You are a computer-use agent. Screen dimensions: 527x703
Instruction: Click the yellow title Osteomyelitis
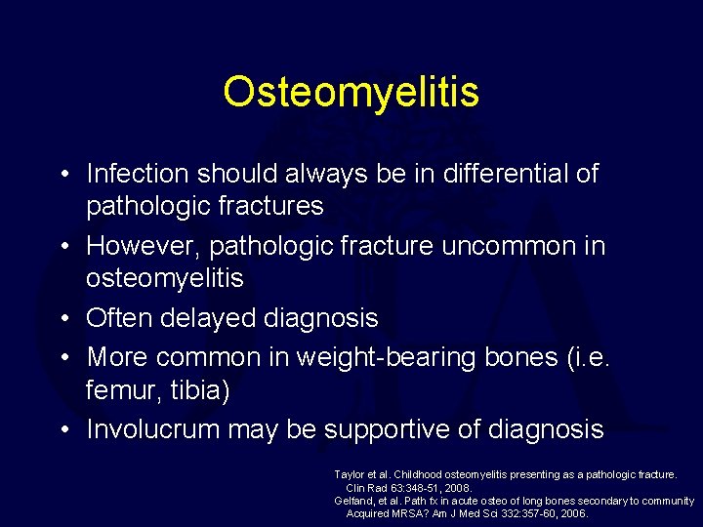pyautogui.click(x=351, y=93)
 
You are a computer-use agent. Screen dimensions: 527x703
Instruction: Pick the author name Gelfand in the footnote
pyautogui.click(x=353, y=500)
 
